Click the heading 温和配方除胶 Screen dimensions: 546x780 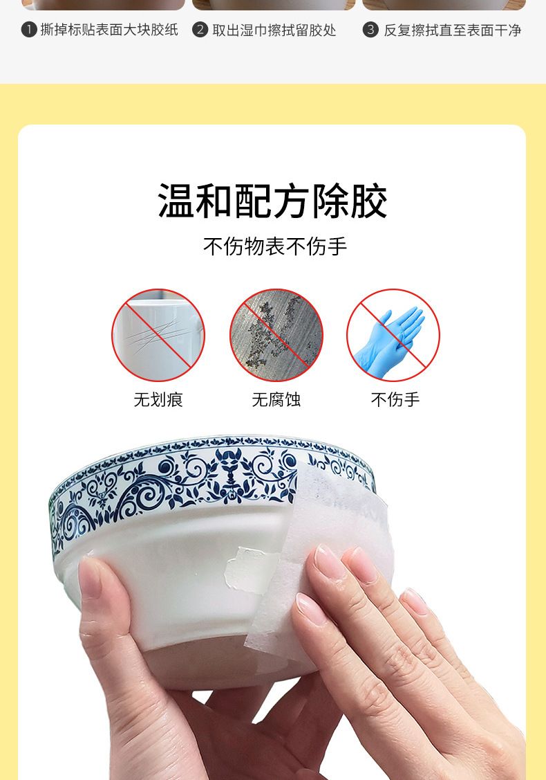click(x=272, y=201)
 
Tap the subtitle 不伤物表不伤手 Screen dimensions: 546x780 click(x=275, y=246)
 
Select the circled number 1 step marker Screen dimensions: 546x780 click(x=29, y=30)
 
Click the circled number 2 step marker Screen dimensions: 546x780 click(x=200, y=30)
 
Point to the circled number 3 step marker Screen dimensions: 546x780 click(x=370, y=30)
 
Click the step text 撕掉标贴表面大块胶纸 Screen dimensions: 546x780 click(x=109, y=30)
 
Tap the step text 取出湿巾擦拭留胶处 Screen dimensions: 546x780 click(x=274, y=30)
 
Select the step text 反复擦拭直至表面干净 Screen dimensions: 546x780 click(x=452, y=30)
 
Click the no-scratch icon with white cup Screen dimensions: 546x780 click(x=158, y=335)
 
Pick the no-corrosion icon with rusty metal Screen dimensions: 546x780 click(x=276, y=335)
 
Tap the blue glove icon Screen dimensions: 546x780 click(x=393, y=335)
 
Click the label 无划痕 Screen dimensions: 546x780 click(x=158, y=399)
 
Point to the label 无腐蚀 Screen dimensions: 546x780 click(x=276, y=399)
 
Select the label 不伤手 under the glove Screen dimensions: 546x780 click(x=395, y=399)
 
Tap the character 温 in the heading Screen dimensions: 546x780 click(x=176, y=201)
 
